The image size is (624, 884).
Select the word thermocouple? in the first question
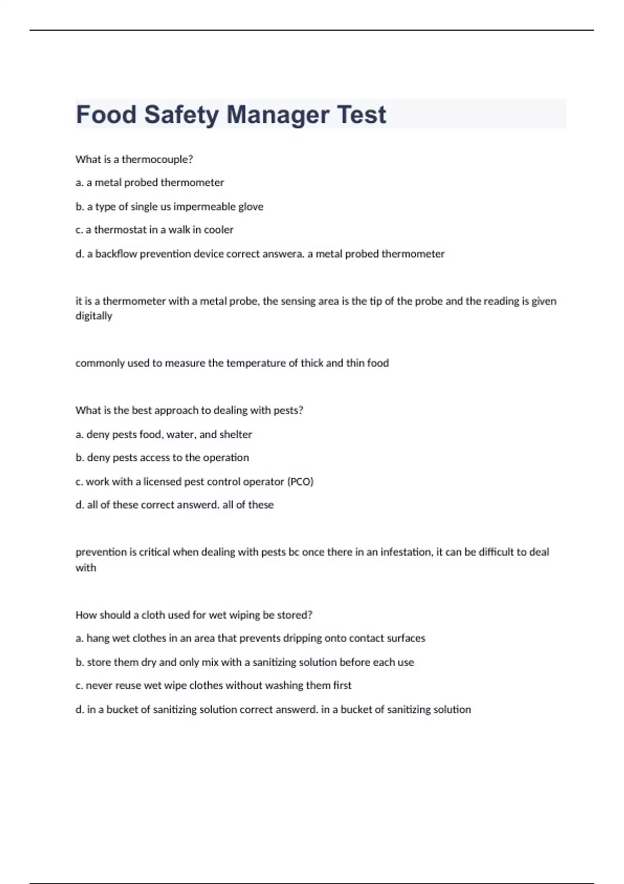157,160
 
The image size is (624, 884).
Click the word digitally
94,316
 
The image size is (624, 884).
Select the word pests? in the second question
288,410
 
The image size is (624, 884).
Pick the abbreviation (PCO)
300,482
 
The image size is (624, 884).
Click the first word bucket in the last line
122,710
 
